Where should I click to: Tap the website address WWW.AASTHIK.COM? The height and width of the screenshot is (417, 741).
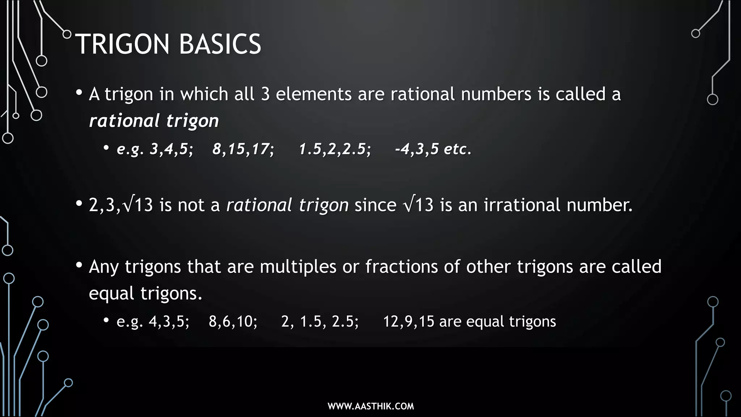pos(370,406)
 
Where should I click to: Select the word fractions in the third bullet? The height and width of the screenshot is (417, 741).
pos(402,267)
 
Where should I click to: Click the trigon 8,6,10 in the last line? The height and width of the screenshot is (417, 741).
pos(232,321)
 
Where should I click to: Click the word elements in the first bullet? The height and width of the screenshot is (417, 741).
pos(314,94)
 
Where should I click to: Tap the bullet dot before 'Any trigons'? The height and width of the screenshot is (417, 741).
pos(79,265)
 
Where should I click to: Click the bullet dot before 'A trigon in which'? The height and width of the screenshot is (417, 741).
pos(79,93)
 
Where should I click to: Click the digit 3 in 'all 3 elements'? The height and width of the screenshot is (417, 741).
pos(265,94)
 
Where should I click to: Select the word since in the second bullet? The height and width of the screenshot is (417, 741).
pos(375,205)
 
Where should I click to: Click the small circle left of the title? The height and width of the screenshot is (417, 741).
pos(67,34)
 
